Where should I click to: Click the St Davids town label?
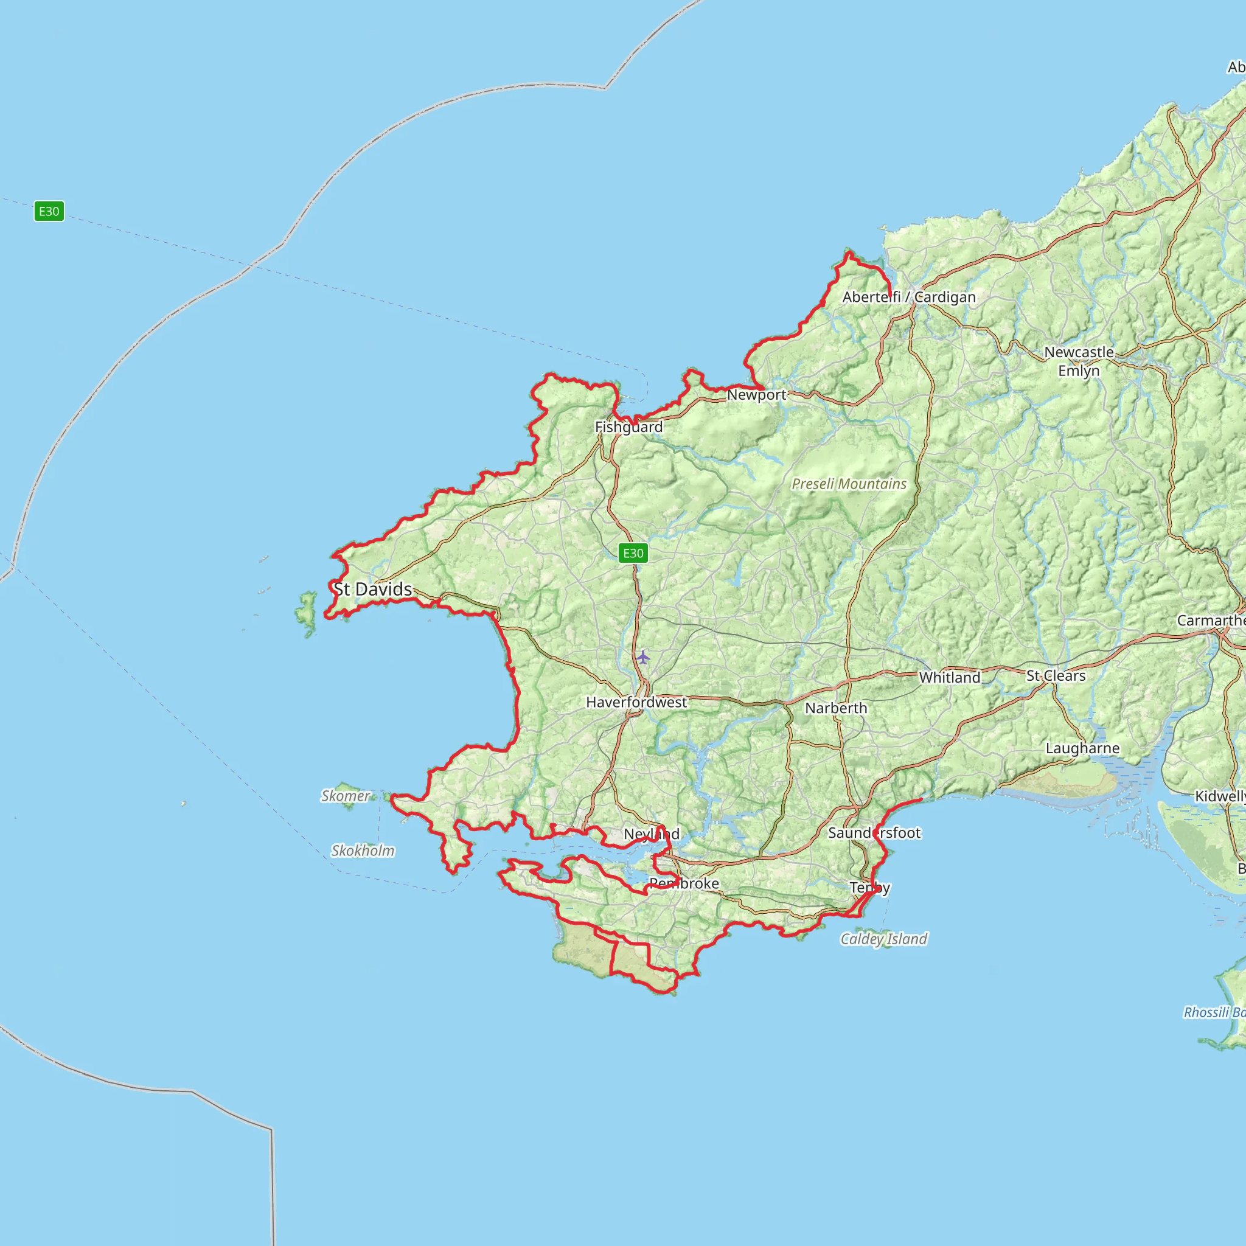point(373,589)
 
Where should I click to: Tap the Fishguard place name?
point(629,427)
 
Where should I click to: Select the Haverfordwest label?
point(636,702)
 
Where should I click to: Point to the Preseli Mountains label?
point(849,484)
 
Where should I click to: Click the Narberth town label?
point(836,708)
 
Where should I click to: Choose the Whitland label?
point(949,677)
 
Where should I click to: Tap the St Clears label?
point(1056,676)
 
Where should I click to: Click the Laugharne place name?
point(1082,748)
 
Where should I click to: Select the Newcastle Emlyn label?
point(1079,361)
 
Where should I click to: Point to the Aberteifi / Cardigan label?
point(909,298)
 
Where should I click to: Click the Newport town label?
point(756,395)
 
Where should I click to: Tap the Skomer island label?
point(346,796)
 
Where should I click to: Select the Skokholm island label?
point(363,851)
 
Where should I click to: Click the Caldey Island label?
point(883,939)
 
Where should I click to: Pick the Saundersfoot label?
point(874,833)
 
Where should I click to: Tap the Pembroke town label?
point(684,883)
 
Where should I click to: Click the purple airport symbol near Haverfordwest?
point(643,657)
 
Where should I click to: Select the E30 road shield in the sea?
point(49,211)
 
